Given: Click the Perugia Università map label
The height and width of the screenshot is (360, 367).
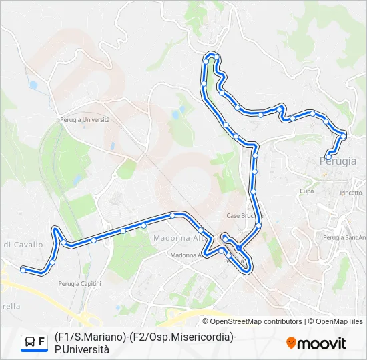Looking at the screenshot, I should pyautogui.click(x=83, y=119).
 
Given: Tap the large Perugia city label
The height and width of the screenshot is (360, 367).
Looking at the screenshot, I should pyautogui.click(x=338, y=161).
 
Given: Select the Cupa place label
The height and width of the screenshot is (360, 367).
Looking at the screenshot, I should pyautogui.click(x=306, y=191).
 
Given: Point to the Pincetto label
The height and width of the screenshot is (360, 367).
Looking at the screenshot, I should pyautogui.click(x=351, y=193).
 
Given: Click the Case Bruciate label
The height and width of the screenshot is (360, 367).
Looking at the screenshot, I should pyautogui.click(x=244, y=215).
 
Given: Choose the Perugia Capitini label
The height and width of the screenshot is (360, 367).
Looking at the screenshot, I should pyautogui.click(x=79, y=283).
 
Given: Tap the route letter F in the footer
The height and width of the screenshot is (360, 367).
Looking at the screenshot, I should pyautogui.click(x=42, y=342).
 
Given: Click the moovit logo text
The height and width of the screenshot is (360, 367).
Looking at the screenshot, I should pyautogui.click(x=322, y=343).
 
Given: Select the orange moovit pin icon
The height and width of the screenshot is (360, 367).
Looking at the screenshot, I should pyautogui.click(x=291, y=343).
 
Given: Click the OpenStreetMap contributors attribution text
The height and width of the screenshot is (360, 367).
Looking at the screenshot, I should pyautogui.click(x=252, y=321).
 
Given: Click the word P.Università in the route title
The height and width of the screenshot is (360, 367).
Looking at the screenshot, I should pyautogui.click(x=81, y=349).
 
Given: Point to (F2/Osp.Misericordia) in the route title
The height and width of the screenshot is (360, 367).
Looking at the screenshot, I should pyautogui.click(x=178, y=337).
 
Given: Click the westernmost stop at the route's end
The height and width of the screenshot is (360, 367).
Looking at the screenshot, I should pyautogui.click(x=23, y=269).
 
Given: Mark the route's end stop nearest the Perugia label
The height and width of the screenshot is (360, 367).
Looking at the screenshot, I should pyautogui.click(x=328, y=157).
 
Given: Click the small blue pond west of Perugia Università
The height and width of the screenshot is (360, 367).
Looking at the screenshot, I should pyautogui.click(x=33, y=85).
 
